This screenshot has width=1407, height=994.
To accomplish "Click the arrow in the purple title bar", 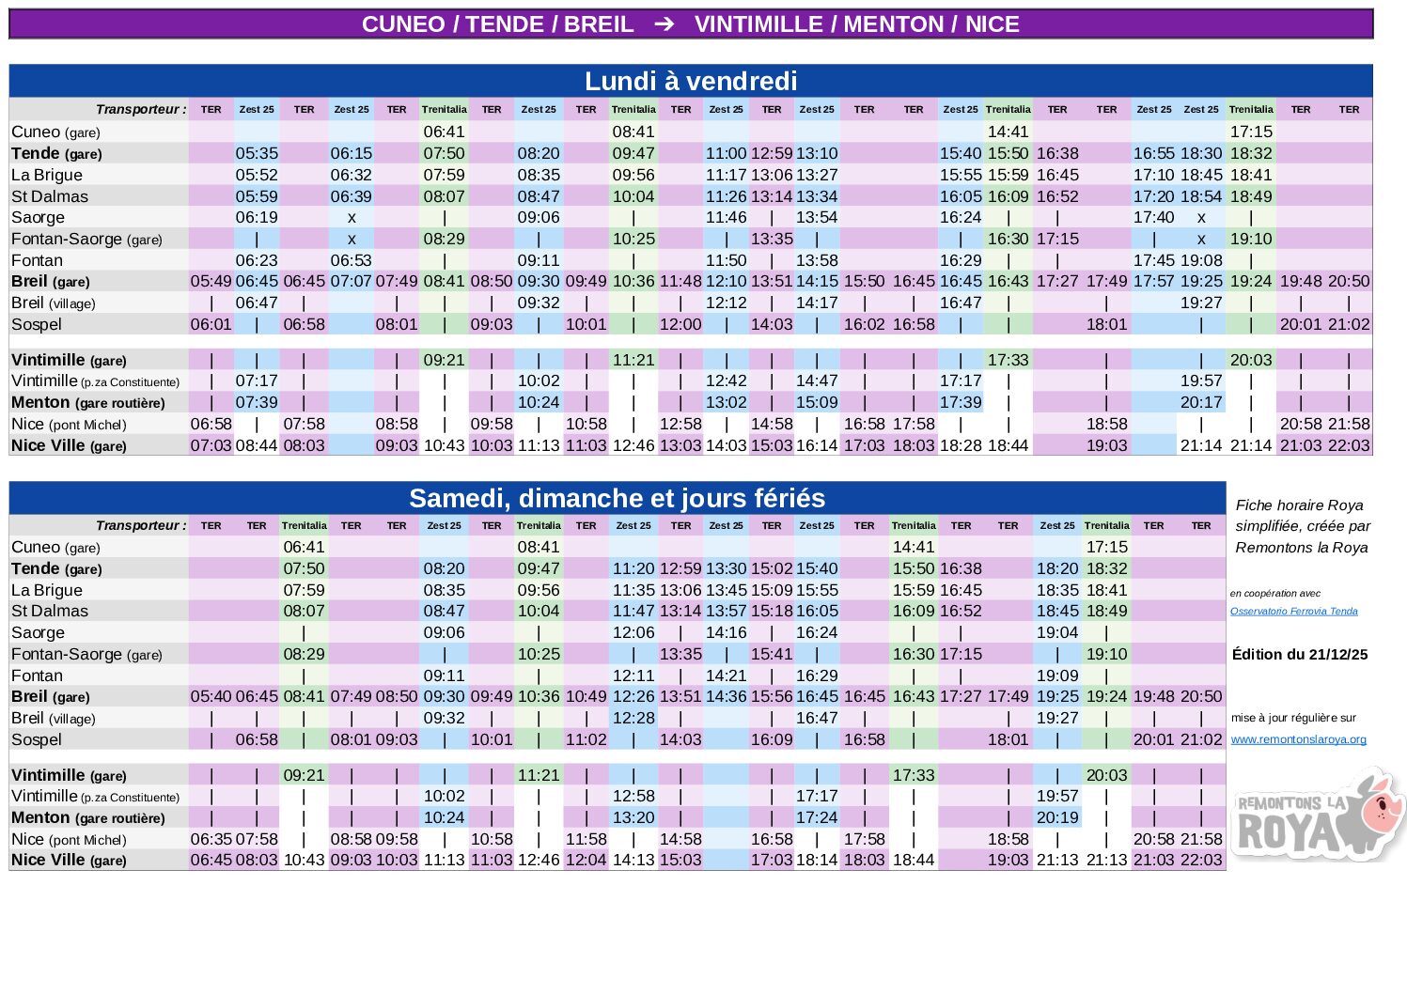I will tap(664, 24).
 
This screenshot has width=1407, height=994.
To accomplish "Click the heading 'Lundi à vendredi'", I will tap(691, 81).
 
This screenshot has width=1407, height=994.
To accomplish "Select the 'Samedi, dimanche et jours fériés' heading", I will tap(617, 498).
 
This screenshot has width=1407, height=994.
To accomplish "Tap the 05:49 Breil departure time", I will tap(211, 281).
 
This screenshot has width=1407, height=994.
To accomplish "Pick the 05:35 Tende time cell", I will tap(257, 153).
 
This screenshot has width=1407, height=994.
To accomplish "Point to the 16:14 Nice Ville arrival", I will tap(817, 445).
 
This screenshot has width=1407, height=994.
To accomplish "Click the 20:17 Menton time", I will tap(1201, 402).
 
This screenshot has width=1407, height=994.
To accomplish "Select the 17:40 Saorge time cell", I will tap(1153, 217).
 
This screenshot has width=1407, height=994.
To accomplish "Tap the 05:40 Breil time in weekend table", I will tap(211, 696).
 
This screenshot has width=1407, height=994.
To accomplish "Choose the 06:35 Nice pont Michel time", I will tap(211, 839).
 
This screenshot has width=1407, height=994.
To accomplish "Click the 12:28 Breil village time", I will tap(633, 718).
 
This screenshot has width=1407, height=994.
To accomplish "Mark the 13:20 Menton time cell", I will tap(633, 817).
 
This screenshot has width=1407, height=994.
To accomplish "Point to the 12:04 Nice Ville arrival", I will tap(586, 860).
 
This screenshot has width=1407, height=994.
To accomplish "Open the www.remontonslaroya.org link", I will tap(1298, 739).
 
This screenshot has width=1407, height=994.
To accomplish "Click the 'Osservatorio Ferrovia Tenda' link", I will tap(1293, 611).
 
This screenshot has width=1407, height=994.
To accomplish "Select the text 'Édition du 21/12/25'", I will tap(1299, 654).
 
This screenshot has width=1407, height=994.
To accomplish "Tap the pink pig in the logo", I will tap(1383, 801).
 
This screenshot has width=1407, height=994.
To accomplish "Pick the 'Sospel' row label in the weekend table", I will tap(37, 739).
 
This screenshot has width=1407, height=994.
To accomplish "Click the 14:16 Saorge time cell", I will tap(726, 632).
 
